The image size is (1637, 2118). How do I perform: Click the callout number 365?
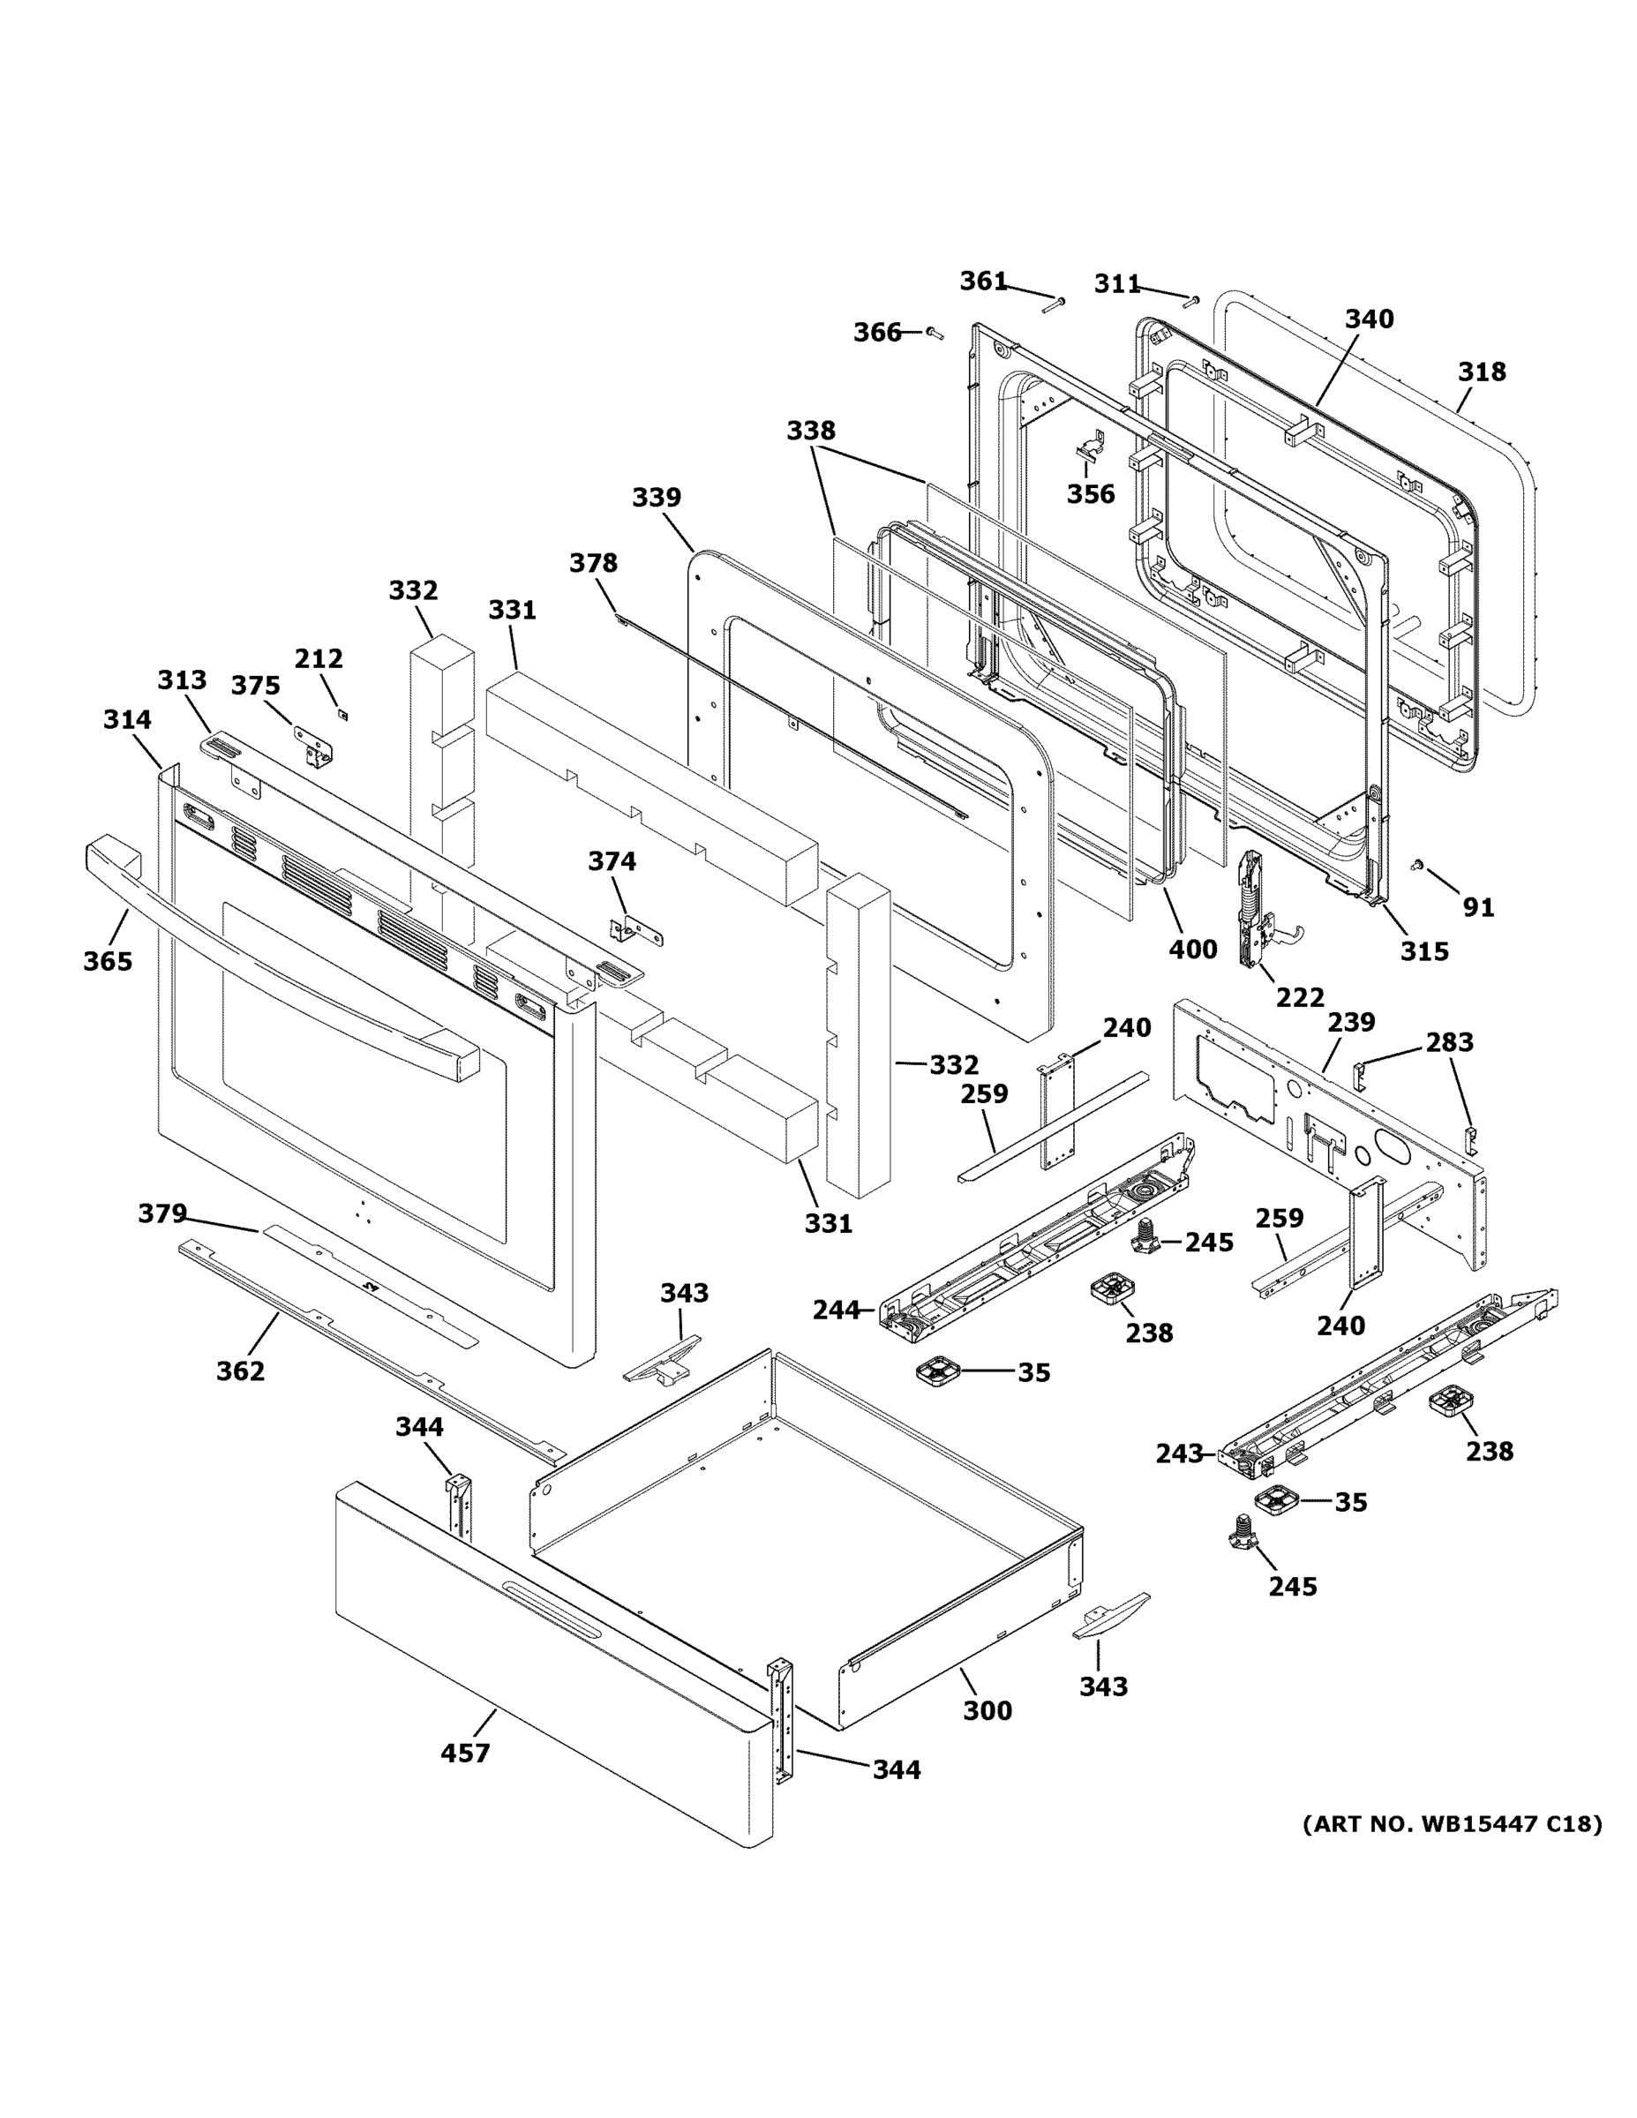click(x=108, y=961)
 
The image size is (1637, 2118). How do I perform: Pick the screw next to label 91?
click(x=1417, y=863)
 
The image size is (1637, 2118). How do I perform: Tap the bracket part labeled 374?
click(x=635, y=931)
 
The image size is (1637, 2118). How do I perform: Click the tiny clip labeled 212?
click(x=342, y=715)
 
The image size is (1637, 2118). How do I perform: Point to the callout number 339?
click(x=657, y=498)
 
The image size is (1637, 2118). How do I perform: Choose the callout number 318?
click(x=1482, y=372)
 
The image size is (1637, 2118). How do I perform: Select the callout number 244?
click(x=836, y=1311)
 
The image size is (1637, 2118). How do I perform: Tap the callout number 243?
click(x=1179, y=1481)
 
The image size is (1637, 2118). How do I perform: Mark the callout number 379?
click(x=162, y=1213)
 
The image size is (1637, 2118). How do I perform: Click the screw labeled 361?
click(x=1055, y=304)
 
